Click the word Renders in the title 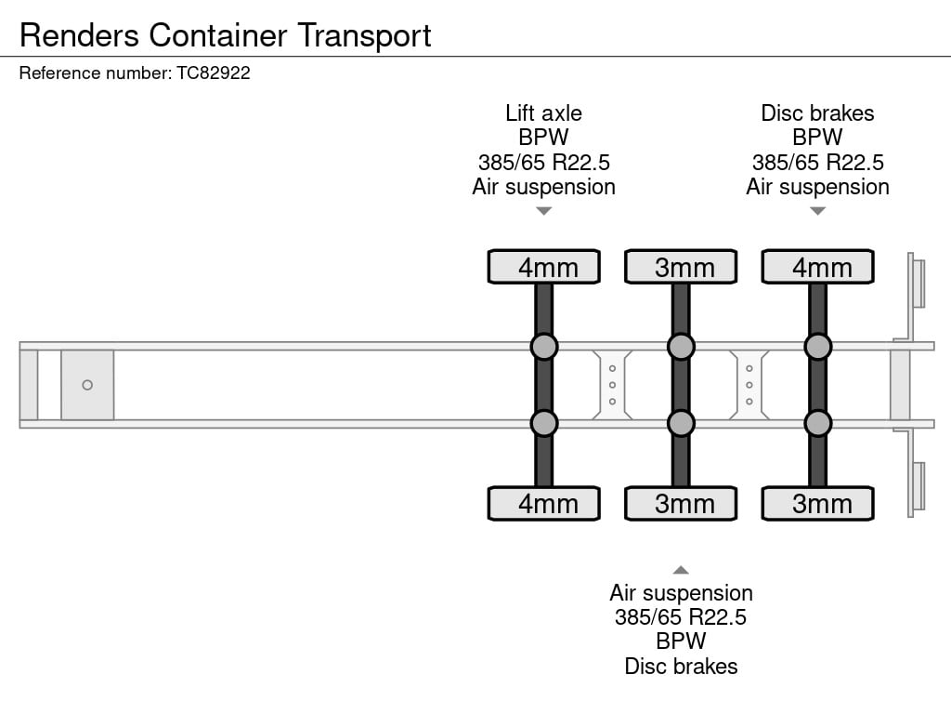tap(80, 35)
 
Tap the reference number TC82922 tap(214, 73)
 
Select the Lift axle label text tap(544, 113)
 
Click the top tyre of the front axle tap(544, 267)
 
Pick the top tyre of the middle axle tap(681, 267)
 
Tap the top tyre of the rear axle tap(817, 267)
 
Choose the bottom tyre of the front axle tap(544, 503)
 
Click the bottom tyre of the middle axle tap(681, 503)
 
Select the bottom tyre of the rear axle tap(817, 503)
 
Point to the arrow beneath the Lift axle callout tap(544, 211)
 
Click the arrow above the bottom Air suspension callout tap(681, 570)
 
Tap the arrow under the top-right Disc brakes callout tap(817, 211)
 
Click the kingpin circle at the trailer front tap(87, 385)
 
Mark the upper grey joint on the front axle tap(544, 347)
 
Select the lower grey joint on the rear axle tap(817, 423)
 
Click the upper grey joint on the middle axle tap(681, 347)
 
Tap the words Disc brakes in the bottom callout tap(681, 667)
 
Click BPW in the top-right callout tap(817, 138)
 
